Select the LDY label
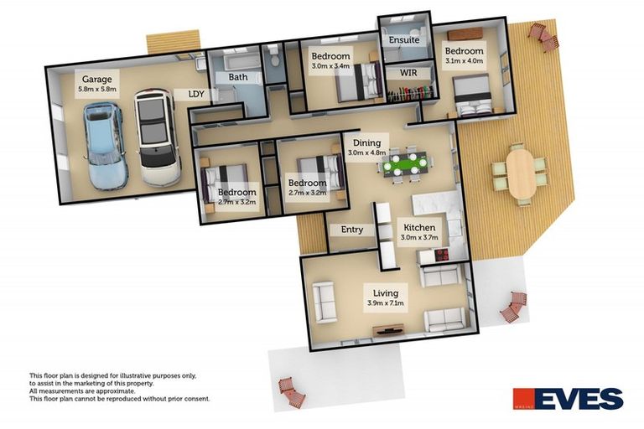(x=198, y=94)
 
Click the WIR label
(x=408, y=74)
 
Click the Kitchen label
(x=419, y=232)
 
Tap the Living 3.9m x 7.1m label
(x=386, y=297)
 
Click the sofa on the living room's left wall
(x=325, y=302)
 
